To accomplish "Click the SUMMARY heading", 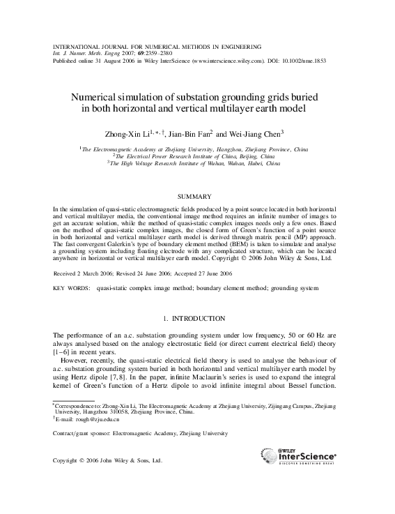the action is point(197,198).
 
